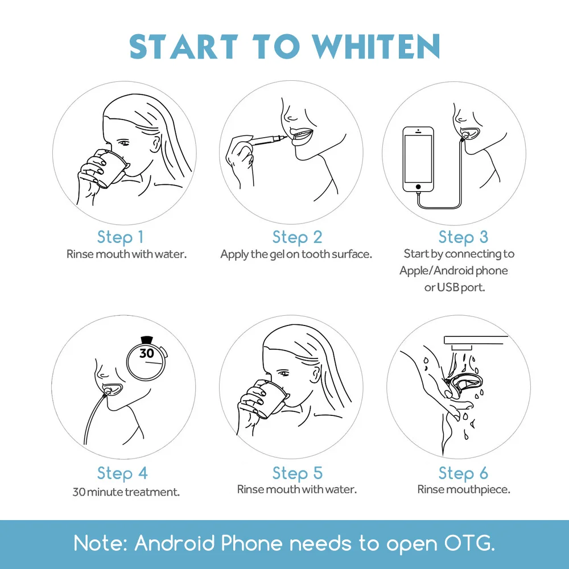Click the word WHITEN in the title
click(377, 46)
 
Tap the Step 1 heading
click(121, 237)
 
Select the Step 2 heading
click(297, 237)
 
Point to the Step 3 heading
click(463, 237)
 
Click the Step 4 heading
click(122, 473)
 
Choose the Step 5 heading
click(297, 473)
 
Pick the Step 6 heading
click(463, 473)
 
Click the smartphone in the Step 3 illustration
click(418, 159)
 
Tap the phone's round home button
click(418, 187)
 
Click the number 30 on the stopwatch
click(147, 353)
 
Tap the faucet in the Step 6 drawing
click(475, 342)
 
